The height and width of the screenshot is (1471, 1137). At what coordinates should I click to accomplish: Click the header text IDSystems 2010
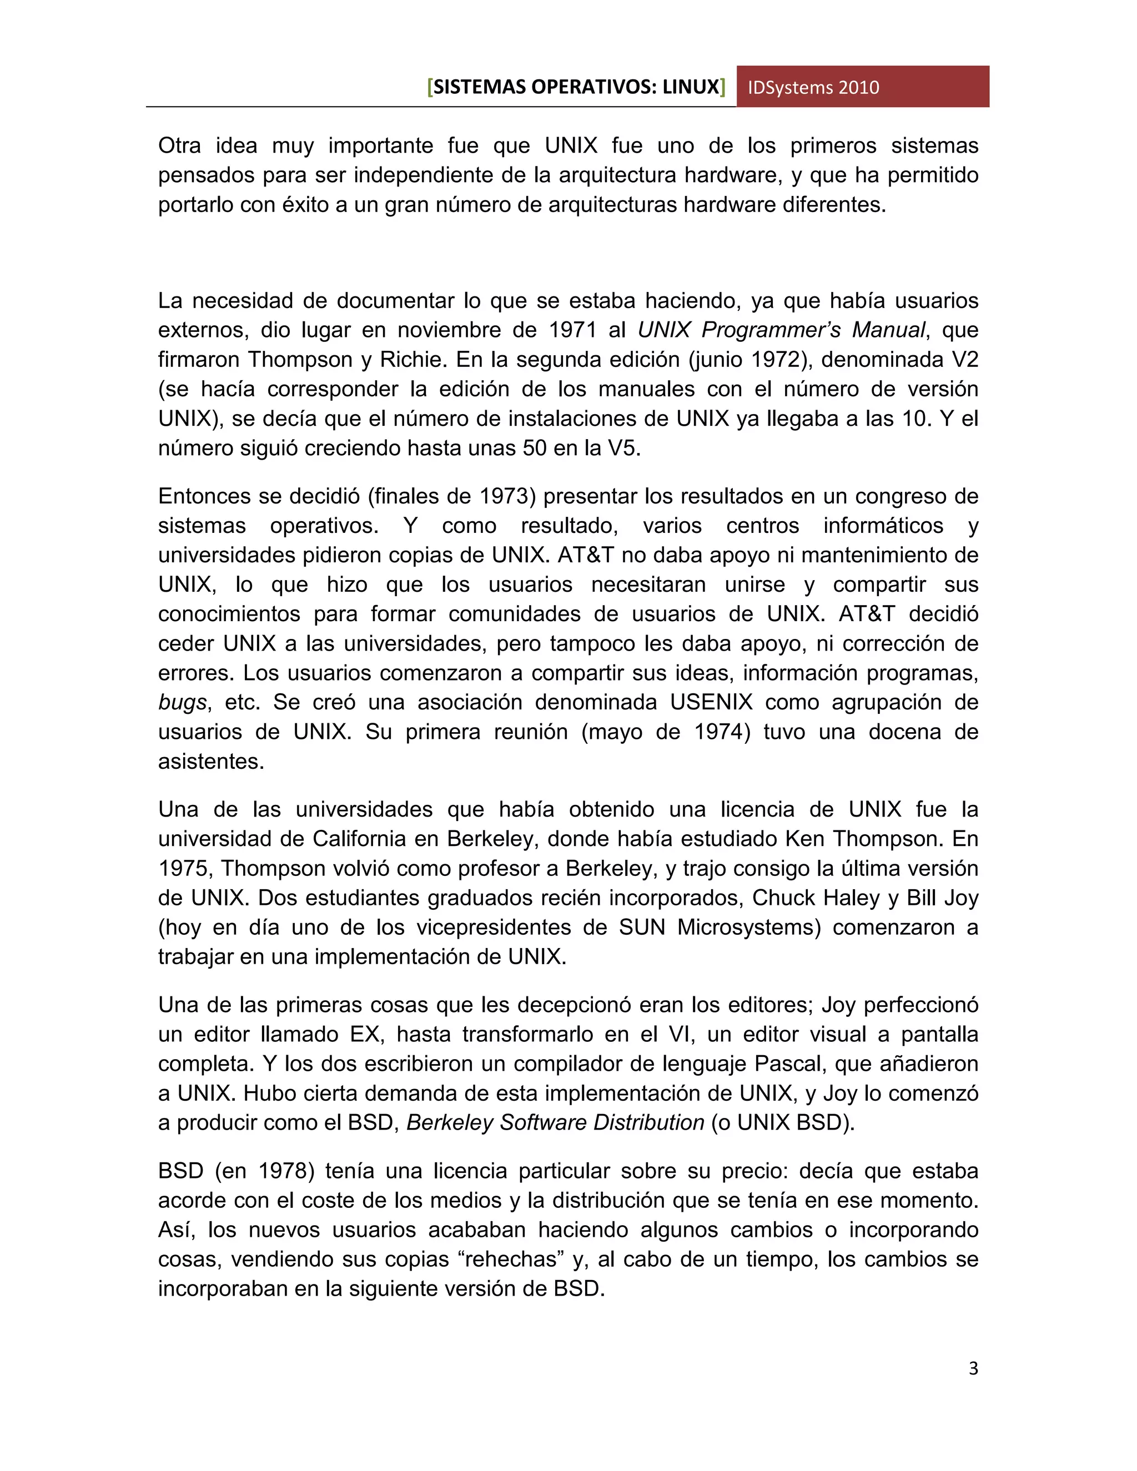[x=813, y=88]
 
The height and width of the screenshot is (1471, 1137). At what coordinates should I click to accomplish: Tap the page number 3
[x=973, y=1368]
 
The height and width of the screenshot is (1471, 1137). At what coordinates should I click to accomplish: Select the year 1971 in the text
[x=572, y=330]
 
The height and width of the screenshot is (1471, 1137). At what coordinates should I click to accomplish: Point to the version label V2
[x=964, y=360]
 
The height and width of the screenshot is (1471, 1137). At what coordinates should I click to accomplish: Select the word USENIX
[x=711, y=703]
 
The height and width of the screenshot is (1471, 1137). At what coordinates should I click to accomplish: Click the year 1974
[x=717, y=732]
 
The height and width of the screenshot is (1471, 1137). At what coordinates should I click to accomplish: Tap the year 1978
[x=281, y=1171]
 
